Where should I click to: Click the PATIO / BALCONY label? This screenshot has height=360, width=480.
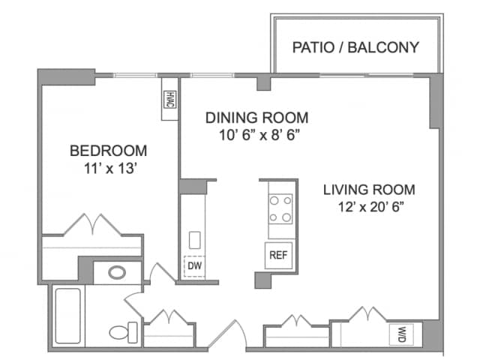(x=355, y=47)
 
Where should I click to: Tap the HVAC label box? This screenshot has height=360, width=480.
(x=169, y=100)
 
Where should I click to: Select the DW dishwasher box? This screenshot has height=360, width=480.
(x=194, y=266)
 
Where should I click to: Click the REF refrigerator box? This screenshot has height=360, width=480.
(x=278, y=255)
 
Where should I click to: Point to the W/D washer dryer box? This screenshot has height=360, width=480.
(x=401, y=334)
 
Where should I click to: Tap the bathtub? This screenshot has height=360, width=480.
(x=68, y=316)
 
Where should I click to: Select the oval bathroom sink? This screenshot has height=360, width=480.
(x=117, y=272)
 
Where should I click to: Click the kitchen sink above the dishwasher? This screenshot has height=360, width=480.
(x=195, y=240)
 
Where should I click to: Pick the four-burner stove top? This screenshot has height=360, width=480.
(x=280, y=208)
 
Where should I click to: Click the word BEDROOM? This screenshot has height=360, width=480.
(x=108, y=151)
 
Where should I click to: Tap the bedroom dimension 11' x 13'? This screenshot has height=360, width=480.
(x=110, y=168)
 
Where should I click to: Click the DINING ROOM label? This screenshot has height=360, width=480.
(x=256, y=118)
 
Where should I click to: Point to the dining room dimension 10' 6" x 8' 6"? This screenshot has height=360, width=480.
(x=259, y=135)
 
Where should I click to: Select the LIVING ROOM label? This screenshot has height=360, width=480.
(x=369, y=190)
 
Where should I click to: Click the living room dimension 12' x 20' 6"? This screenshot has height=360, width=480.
(x=370, y=207)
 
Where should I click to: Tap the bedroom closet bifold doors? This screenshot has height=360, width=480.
(x=92, y=224)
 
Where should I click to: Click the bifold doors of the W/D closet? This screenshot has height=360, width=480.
(x=367, y=313)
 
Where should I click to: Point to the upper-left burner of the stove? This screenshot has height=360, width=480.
(x=274, y=201)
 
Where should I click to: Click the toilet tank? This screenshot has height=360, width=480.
(x=133, y=332)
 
